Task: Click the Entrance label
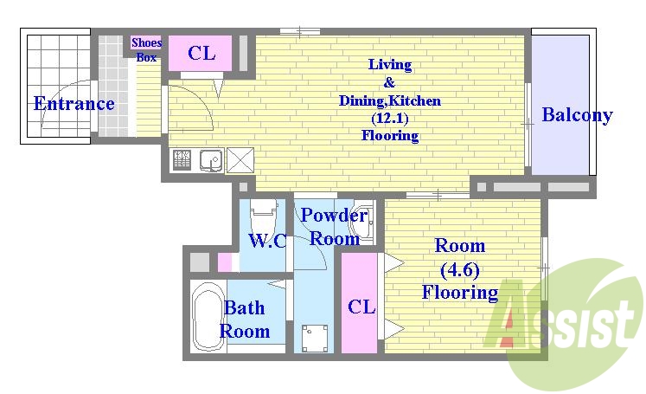[74, 103]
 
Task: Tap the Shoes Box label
[147, 49]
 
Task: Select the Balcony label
[577, 114]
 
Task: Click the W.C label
[267, 240]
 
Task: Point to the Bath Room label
[245, 320]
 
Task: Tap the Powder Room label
[334, 227]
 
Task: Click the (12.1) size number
[390, 119]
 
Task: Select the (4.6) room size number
[460, 270]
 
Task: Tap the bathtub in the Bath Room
[208, 316]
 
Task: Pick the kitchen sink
[212, 160]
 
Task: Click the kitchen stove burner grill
[182, 160]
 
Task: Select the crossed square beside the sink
[240, 160]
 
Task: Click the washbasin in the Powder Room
[361, 223]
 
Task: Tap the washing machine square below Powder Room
[315, 338]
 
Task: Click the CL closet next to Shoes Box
[201, 53]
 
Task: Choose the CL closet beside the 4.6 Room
[359, 303]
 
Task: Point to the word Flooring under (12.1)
[390, 135]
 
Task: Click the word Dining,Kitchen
[390, 100]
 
